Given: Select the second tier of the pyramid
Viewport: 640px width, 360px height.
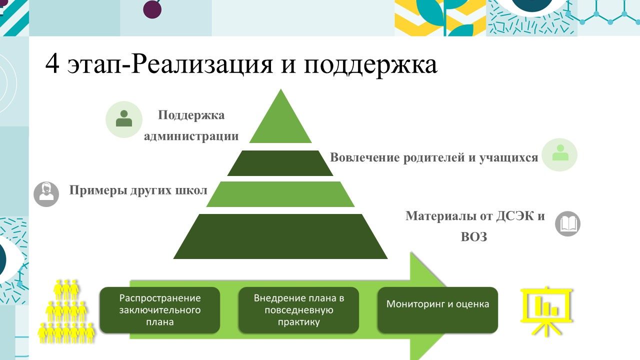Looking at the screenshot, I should click(x=280, y=163).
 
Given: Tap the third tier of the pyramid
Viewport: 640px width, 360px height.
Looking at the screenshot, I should click(x=280, y=194).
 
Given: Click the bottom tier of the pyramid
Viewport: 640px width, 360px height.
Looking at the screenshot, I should click(x=280, y=236).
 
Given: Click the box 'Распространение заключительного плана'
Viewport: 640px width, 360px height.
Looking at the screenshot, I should click(x=160, y=310).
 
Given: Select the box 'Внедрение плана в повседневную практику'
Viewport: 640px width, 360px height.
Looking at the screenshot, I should click(x=298, y=310).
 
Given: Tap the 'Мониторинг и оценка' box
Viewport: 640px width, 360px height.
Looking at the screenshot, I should click(x=437, y=310).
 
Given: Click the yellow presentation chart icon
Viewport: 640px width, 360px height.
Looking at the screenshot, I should click(x=546, y=310).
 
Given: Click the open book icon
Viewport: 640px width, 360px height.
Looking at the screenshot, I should click(x=568, y=224).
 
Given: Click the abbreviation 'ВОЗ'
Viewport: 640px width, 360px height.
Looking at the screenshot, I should click(x=473, y=237).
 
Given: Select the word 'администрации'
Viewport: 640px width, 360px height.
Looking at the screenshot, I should click(x=191, y=136).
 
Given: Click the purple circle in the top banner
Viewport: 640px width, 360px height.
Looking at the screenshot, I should click(x=152, y=8).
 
